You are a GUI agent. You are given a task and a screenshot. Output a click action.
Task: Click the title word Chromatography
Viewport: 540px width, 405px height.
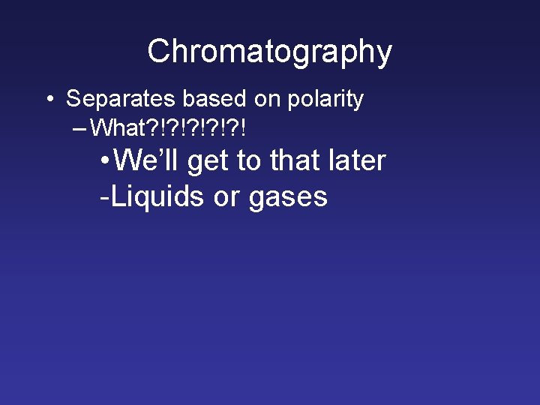coord(269,52)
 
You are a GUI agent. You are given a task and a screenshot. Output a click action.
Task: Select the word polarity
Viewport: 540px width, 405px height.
coord(325,98)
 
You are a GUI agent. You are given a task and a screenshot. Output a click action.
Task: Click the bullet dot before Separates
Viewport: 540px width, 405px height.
coord(49,99)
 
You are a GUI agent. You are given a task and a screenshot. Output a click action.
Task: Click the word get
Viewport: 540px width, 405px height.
coord(207,162)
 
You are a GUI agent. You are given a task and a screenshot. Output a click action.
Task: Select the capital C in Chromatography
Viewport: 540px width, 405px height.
coord(157,52)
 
